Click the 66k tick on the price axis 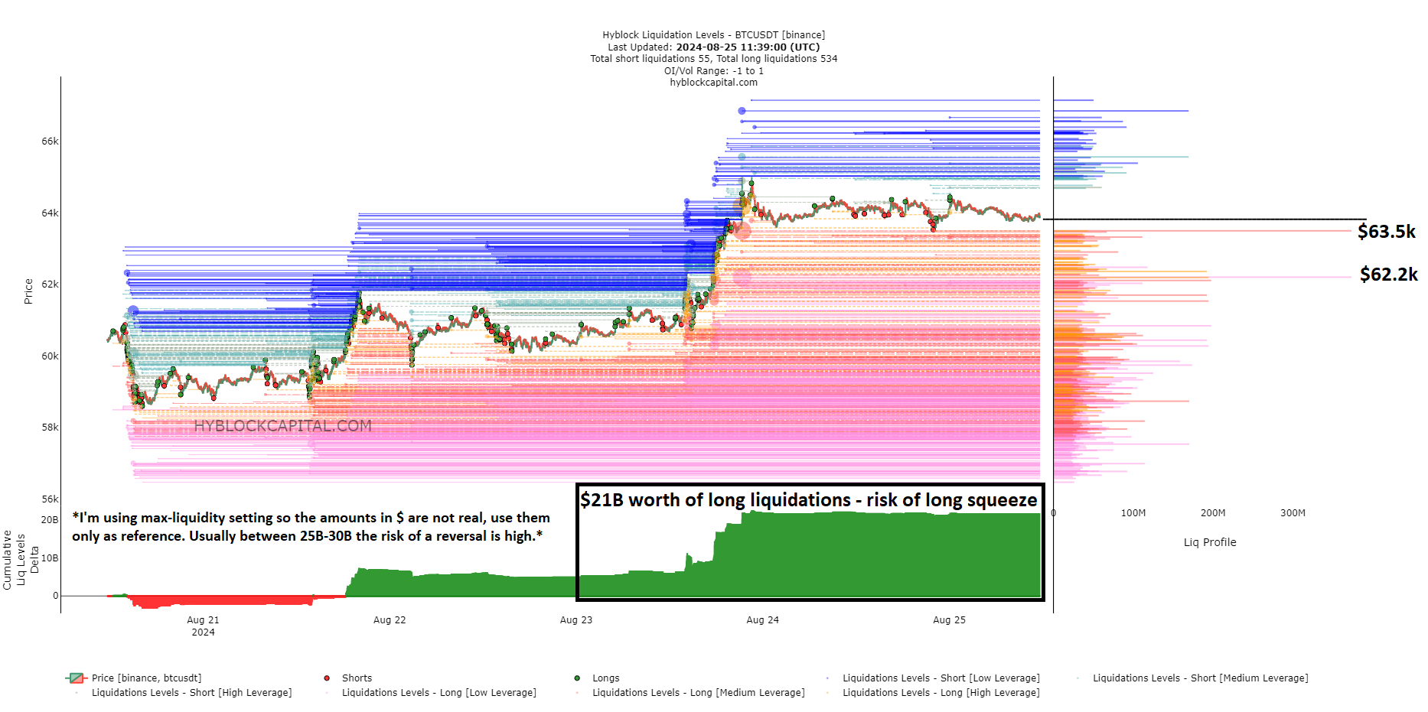pyautogui.click(x=50, y=141)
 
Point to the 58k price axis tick pyautogui.click(x=50, y=428)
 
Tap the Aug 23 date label pyautogui.click(x=575, y=620)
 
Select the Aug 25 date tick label pyautogui.click(x=949, y=620)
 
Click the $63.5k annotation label pyautogui.click(x=1386, y=232)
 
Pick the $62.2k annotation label pyautogui.click(x=1388, y=275)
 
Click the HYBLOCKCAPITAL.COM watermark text pyautogui.click(x=282, y=426)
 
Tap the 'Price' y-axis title pyautogui.click(x=28, y=291)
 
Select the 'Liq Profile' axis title pyautogui.click(x=1209, y=542)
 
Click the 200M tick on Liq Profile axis pyautogui.click(x=1212, y=513)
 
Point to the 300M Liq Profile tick pyautogui.click(x=1293, y=513)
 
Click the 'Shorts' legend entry pyautogui.click(x=357, y=678)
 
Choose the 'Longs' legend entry pyautogui.click(x=605, y=678)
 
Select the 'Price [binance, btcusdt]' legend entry pyautogui.click(x=146, y=678)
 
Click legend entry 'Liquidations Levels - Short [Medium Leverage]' pyautogui.click(x=1200, y=678)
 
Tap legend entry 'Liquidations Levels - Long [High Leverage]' pyautogui.click(x=941, y=693)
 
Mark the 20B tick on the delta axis pyautogui.click(x=49, y=520)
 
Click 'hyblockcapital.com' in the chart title pyautogui.click(x=713, y=83)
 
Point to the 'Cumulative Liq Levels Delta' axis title pyautogui.click(x=21, y=560)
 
